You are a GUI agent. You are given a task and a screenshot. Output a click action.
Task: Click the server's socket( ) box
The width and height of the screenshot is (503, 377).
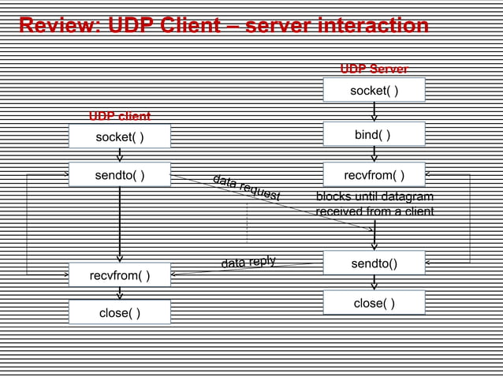click(374, 91)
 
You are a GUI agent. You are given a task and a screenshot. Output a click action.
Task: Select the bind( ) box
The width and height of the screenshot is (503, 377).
click(374, 135)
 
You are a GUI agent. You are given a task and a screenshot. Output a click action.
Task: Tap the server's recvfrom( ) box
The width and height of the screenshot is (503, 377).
click(374, 174)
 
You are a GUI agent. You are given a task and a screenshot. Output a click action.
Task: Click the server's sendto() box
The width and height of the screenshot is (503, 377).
click(374, 263)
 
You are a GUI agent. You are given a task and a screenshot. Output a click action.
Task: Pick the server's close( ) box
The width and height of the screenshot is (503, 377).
click(374, 303)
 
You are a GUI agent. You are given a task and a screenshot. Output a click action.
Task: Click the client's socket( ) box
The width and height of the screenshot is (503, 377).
click(120, 137)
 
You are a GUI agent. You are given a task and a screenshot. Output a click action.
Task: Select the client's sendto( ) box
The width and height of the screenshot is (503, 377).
click(120, 174)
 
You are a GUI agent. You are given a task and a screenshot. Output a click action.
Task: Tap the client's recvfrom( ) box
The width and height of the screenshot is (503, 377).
click(120, 275)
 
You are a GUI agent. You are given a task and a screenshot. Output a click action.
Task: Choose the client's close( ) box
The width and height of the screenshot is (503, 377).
click(120, 312)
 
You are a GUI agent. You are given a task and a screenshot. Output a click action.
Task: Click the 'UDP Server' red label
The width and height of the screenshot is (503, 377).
click(374, 69)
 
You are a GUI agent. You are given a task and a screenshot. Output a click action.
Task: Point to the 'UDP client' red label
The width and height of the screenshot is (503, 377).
click(120, 117)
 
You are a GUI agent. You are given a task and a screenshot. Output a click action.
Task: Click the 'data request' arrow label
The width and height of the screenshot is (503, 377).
click(246, 186)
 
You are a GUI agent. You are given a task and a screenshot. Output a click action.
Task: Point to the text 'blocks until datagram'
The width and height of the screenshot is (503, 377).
click(374, 196)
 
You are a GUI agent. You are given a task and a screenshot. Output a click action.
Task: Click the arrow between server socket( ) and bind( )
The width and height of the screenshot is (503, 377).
click(374, 112)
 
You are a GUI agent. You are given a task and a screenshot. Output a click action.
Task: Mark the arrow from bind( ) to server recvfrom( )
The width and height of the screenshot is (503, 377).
click(374, 155)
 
